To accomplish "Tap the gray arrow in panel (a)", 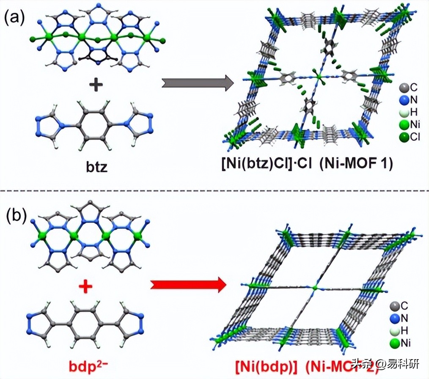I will tap(197, 82).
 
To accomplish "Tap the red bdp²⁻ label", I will tap(91, 365).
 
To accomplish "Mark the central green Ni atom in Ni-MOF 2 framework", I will tap(314, 288).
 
